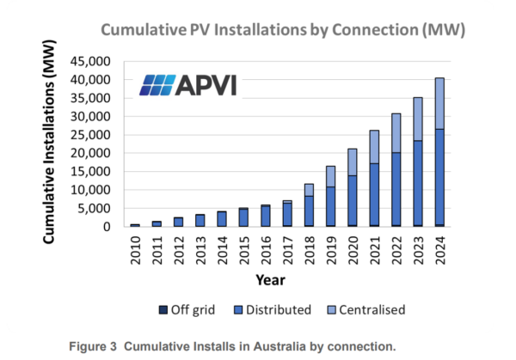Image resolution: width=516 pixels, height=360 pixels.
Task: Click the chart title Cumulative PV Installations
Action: coord(283,30)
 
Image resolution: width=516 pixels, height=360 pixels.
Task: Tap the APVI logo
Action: coord(188,85)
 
